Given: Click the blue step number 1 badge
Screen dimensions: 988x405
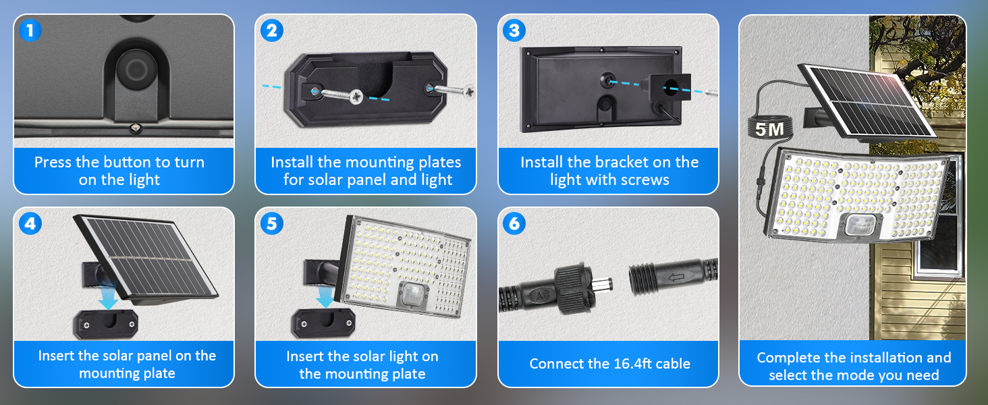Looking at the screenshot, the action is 30,30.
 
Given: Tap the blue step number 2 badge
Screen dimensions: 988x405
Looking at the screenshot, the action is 272,30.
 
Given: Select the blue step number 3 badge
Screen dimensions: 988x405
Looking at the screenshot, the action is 514,30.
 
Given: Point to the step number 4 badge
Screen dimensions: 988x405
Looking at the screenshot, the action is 30,223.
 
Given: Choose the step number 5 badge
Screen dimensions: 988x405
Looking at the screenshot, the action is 272,223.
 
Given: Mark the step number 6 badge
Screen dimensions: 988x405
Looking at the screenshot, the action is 514,223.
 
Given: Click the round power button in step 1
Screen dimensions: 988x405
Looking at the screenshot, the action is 136,70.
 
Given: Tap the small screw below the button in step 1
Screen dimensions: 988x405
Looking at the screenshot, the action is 136,128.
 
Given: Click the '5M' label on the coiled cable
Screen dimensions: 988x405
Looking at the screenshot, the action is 769,130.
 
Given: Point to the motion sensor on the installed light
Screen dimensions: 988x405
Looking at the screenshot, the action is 860,225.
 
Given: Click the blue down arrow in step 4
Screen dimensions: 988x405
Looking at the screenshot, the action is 107,298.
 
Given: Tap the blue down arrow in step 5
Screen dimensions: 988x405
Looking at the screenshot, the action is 325,296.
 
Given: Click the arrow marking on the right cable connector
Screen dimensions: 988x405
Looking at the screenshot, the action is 676,277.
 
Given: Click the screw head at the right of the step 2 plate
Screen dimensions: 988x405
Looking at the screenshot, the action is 469,92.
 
